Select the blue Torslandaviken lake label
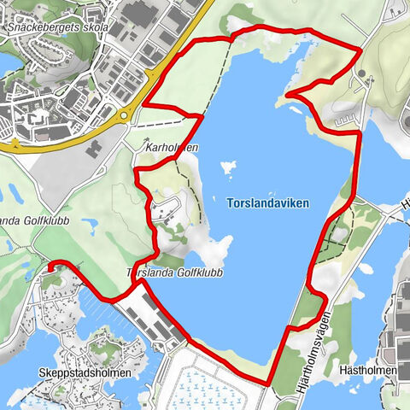268,203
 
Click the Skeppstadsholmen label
85,373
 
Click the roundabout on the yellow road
126,114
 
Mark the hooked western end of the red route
50,266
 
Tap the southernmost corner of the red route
268,384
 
